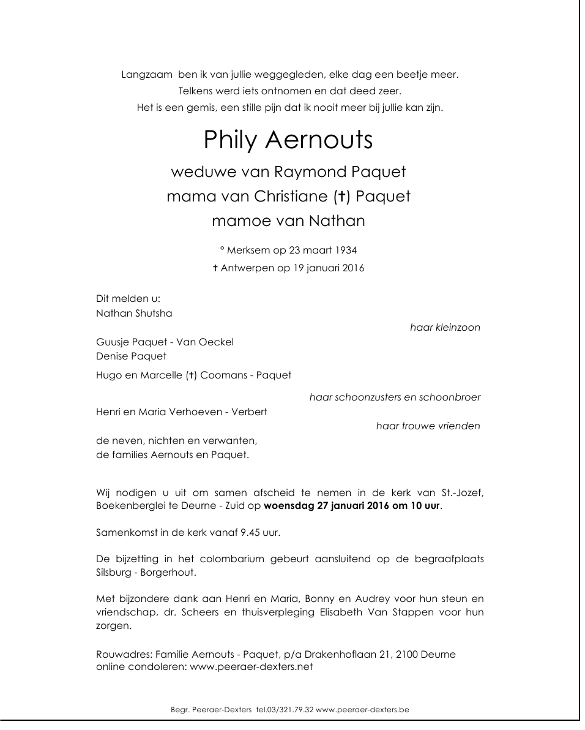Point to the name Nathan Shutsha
[134, 314]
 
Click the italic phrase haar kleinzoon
[445, 328]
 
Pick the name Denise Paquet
[131, 356]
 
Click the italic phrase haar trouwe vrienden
[428, 426]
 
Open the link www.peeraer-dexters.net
[252, 668]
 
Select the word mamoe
[234, 221]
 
